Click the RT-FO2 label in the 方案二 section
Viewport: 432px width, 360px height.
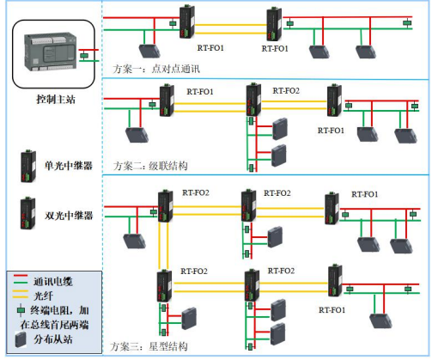point(286,90)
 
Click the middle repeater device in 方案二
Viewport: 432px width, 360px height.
point(253,99)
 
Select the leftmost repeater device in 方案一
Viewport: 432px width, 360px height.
point(186,21)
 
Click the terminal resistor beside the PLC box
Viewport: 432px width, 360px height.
point(83,57)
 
